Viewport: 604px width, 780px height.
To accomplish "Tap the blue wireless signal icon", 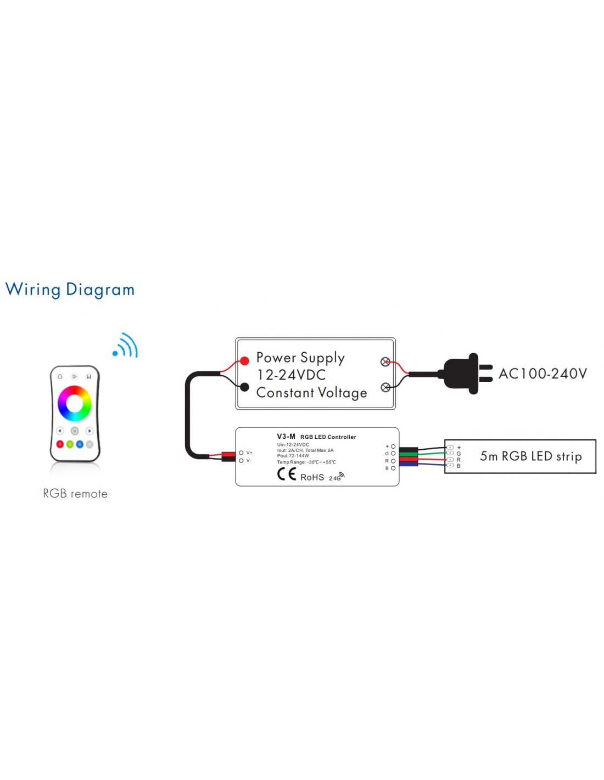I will click(126, 346).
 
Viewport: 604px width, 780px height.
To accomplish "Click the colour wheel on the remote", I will click(75, 403).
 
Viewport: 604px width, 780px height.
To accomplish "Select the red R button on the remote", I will click(60, 444).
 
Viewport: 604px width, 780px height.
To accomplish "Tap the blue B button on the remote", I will click(80, 444).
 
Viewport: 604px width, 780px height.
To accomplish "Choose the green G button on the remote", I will click(70, 444).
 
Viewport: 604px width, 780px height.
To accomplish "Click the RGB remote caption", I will click(75, 494).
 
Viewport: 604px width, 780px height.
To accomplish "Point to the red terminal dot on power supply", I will click(245, 361).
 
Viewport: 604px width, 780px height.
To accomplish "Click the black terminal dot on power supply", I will click(245, 387).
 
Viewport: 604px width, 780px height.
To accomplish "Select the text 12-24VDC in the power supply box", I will click(292, 375).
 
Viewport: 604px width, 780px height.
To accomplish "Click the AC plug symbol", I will click(467, 374).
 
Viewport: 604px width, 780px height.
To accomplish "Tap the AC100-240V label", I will click(543, 374).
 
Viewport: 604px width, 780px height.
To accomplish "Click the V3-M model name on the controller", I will click(286, 437).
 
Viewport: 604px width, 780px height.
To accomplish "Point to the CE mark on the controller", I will click(287, 474).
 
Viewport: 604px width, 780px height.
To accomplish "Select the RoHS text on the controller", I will click(312, 477).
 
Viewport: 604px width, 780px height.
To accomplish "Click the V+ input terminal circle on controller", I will click(241, 453).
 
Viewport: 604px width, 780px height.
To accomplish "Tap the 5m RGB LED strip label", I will click(530, 456).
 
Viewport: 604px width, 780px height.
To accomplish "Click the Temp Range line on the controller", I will click(306, 462).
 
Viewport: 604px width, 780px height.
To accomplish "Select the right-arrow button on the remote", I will click(89, 431).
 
